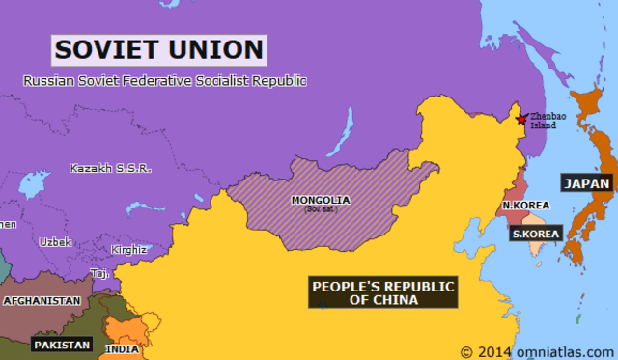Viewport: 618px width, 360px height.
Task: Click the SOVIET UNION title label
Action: click(158, 48)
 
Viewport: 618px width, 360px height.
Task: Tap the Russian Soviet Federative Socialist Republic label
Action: click(164, 81)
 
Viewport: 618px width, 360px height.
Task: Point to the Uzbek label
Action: click(55, 241)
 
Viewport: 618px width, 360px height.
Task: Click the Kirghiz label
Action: click(128, 249)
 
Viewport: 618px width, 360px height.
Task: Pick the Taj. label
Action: click(99, 273)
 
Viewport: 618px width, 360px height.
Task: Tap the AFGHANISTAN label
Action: click(42, 300)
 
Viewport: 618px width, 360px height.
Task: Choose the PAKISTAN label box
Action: click(62, 344)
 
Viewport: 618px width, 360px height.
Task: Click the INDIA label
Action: click(122, 348)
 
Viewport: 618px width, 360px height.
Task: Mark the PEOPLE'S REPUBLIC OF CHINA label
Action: click(383, 292)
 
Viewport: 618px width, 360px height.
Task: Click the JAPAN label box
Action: click(587, 183)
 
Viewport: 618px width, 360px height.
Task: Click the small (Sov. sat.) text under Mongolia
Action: click(320, 209)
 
